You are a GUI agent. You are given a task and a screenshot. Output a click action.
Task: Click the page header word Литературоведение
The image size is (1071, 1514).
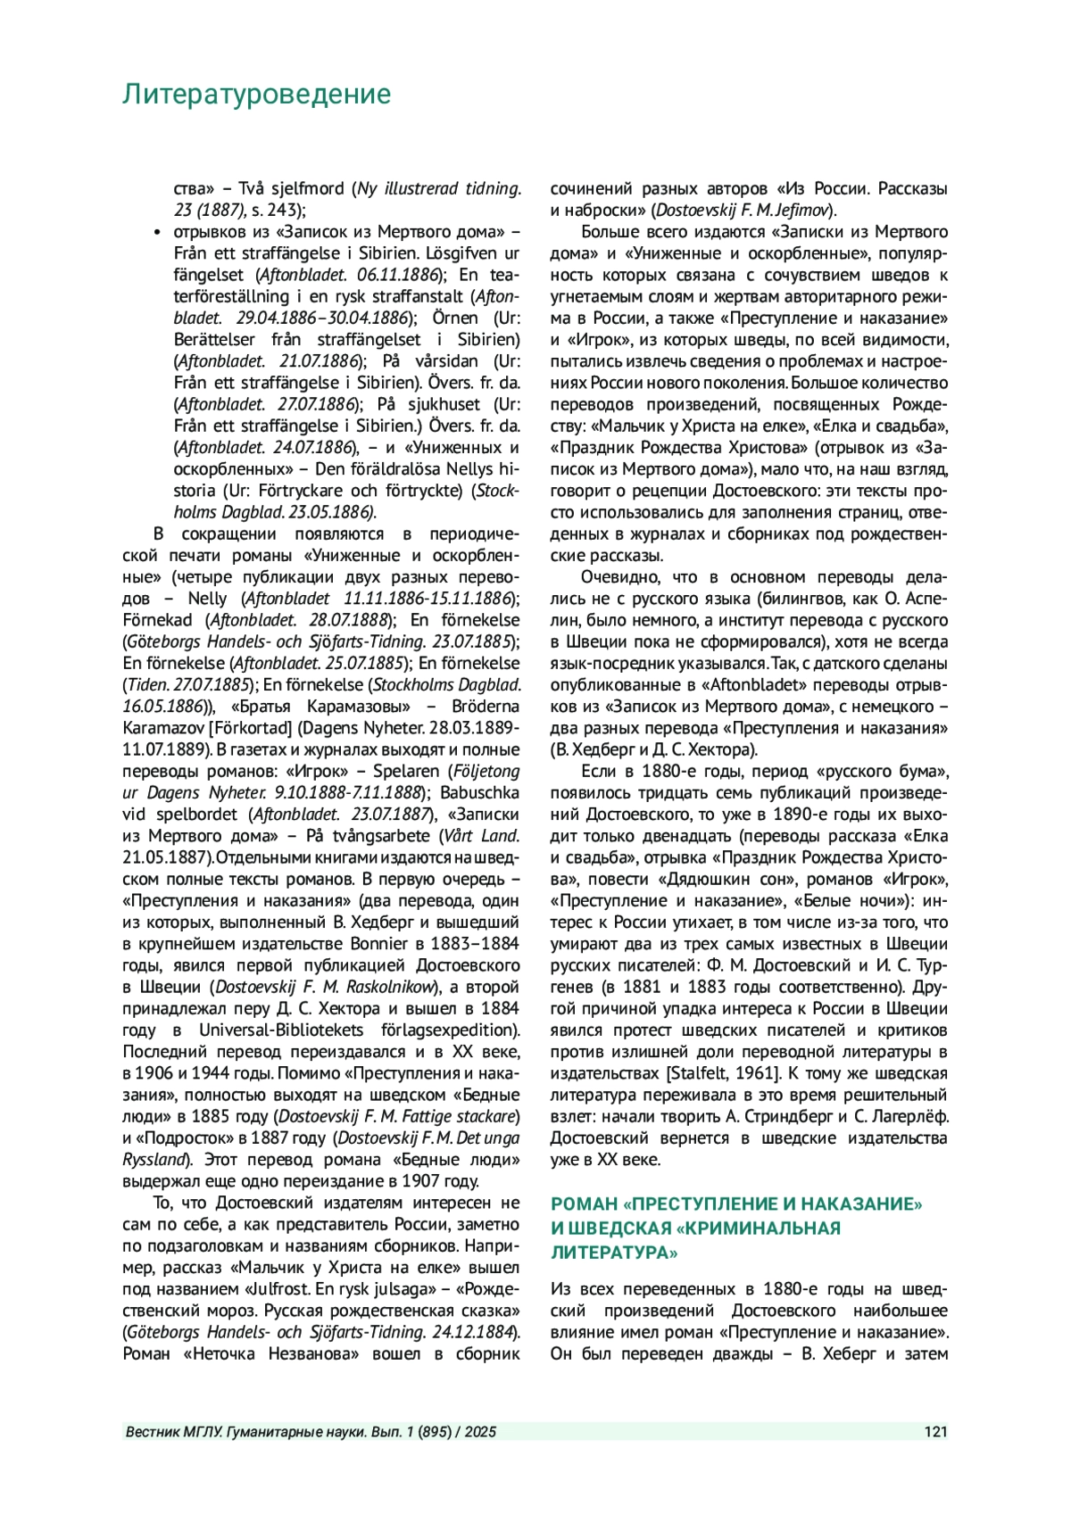tap(256, 94)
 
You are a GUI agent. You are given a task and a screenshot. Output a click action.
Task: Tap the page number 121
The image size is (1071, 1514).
tap(935, 1432)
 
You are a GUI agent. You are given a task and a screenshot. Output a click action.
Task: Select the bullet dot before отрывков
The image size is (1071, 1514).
tap(157, 232)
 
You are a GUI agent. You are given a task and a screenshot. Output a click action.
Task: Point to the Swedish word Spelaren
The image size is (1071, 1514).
tap(406, 771)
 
